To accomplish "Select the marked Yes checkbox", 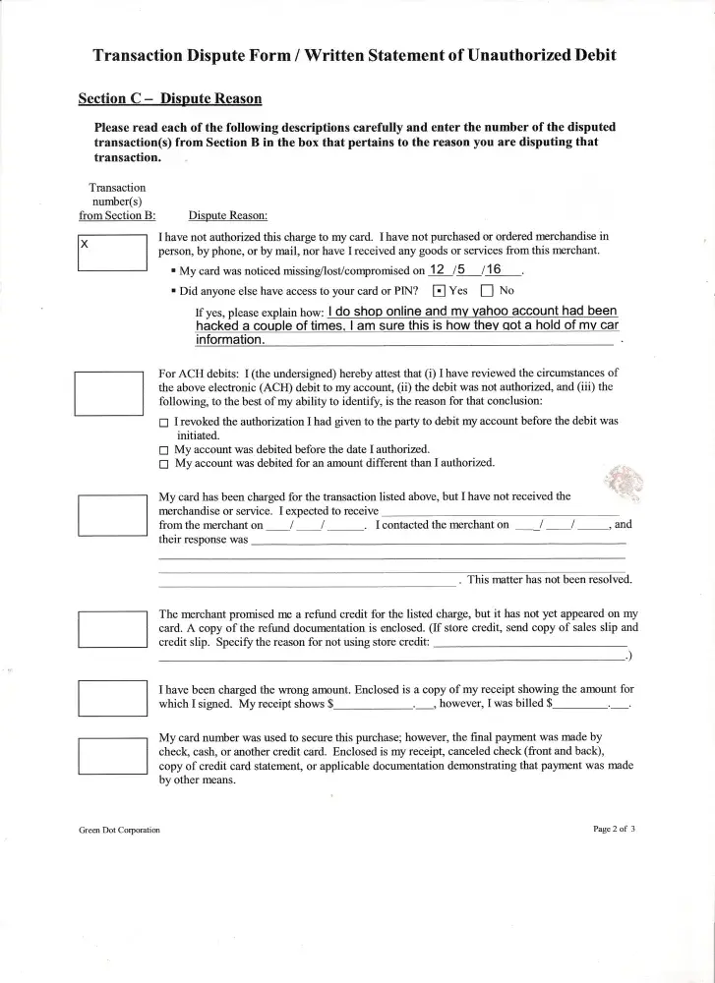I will coord(439,291).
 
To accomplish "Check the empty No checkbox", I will coord(487,291).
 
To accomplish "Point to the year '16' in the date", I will coord(494,269).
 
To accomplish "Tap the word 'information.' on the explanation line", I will coord(230,340).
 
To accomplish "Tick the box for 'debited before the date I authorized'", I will coord(164,449).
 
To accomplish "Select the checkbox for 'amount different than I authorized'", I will coord(164,463).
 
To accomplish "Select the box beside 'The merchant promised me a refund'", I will coord(111,628).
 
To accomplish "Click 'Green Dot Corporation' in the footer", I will coord(119,830).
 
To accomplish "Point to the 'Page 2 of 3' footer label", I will coord(615,829).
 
